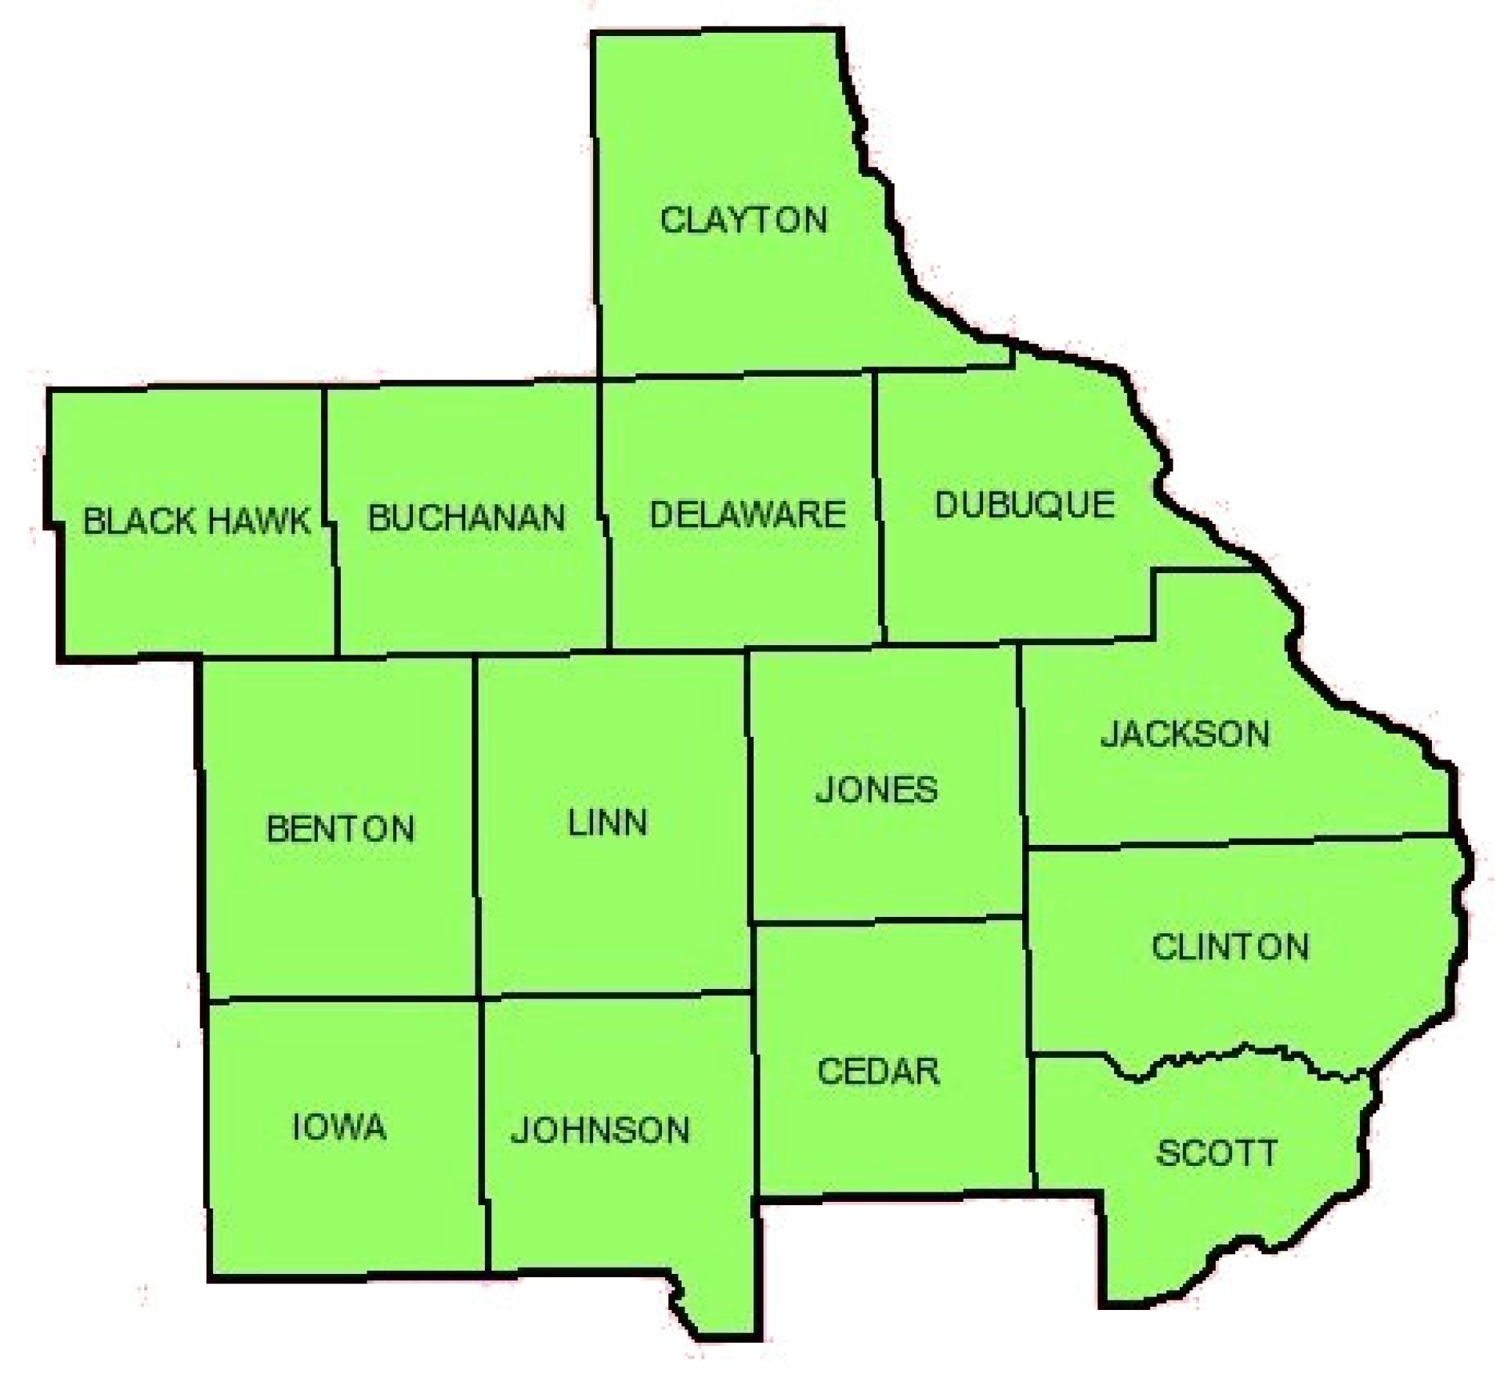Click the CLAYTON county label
(x=743, y=220)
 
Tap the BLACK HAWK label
(x=197, y=521)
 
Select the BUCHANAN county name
(x=467, y=518)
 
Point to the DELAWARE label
(x=747, y=514)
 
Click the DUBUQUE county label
(x=1025, y=505)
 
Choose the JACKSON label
(x=1185, y=734)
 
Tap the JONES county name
(x=877, y=789)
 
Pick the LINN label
(x=608, y=823)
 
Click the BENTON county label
(x=341, y=829)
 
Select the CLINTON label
(x=1230, y=947)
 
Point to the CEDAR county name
(x=878, y=1071)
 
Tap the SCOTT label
(x=1217, y=1153)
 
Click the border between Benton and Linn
(x=475, y=822)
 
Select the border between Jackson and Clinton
(x=1238, y=841)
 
